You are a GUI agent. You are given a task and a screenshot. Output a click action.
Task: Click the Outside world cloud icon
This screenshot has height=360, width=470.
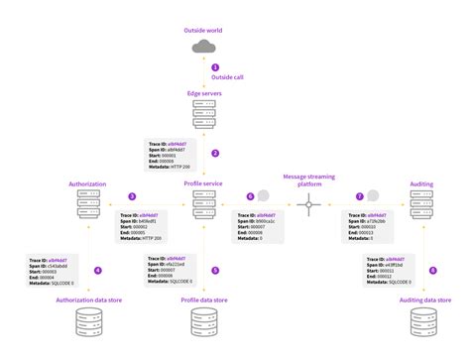[205, 46]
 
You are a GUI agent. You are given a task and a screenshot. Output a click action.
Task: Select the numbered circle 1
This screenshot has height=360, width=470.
[214, 67]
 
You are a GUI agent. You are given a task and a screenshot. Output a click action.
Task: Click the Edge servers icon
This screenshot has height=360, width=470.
[205, 115]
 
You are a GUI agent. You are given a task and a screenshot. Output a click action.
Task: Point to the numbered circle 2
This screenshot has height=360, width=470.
[214, 153]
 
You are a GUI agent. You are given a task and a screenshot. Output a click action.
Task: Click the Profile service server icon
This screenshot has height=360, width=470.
[205, 203]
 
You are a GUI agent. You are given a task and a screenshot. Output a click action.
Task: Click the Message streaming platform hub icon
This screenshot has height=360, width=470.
[309, 206]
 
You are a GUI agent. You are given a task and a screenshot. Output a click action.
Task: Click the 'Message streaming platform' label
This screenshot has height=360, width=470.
[309, 179]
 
